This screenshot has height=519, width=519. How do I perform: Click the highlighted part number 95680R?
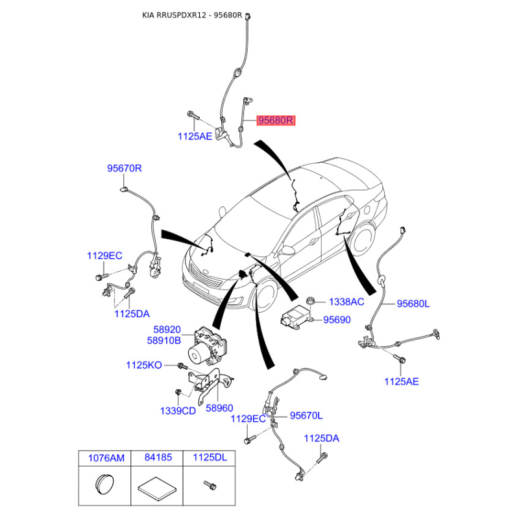click(276, 121)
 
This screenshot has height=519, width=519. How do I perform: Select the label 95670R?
click(125, 168)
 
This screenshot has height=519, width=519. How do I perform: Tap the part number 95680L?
click(413, 304)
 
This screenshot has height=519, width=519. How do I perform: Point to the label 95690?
click(337, 320)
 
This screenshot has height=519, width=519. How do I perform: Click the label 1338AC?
click(346, 302)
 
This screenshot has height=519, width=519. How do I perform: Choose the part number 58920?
click(167, 330)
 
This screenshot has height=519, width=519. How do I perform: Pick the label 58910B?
click(164, 340)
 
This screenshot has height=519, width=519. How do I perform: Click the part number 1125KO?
click(144, 365)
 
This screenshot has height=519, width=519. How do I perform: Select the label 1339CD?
click(178, 411)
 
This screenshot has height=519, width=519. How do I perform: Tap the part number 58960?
click(219, 408)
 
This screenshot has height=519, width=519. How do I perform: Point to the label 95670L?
click(306, 415)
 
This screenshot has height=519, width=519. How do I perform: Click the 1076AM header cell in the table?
click(104, 458)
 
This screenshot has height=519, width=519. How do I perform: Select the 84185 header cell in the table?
click(157, 458)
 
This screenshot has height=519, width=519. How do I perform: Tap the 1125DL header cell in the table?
click(209, 458)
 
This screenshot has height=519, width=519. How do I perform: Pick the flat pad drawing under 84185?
click(157, 487)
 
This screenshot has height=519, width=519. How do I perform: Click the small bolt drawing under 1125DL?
click(210, 485)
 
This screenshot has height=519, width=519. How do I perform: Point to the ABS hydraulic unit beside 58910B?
click(208, 346)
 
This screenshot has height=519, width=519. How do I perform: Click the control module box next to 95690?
click(296, 316)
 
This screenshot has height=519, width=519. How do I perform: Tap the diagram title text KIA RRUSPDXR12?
click(174, 15)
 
